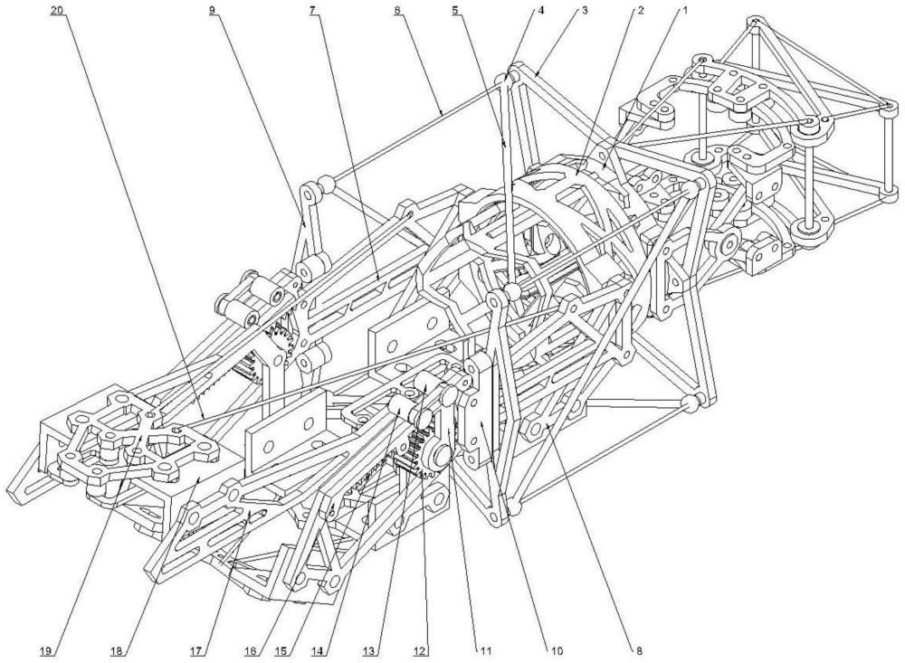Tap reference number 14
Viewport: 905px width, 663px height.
coord(323,649)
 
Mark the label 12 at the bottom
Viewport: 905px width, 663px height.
coord(420,649)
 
